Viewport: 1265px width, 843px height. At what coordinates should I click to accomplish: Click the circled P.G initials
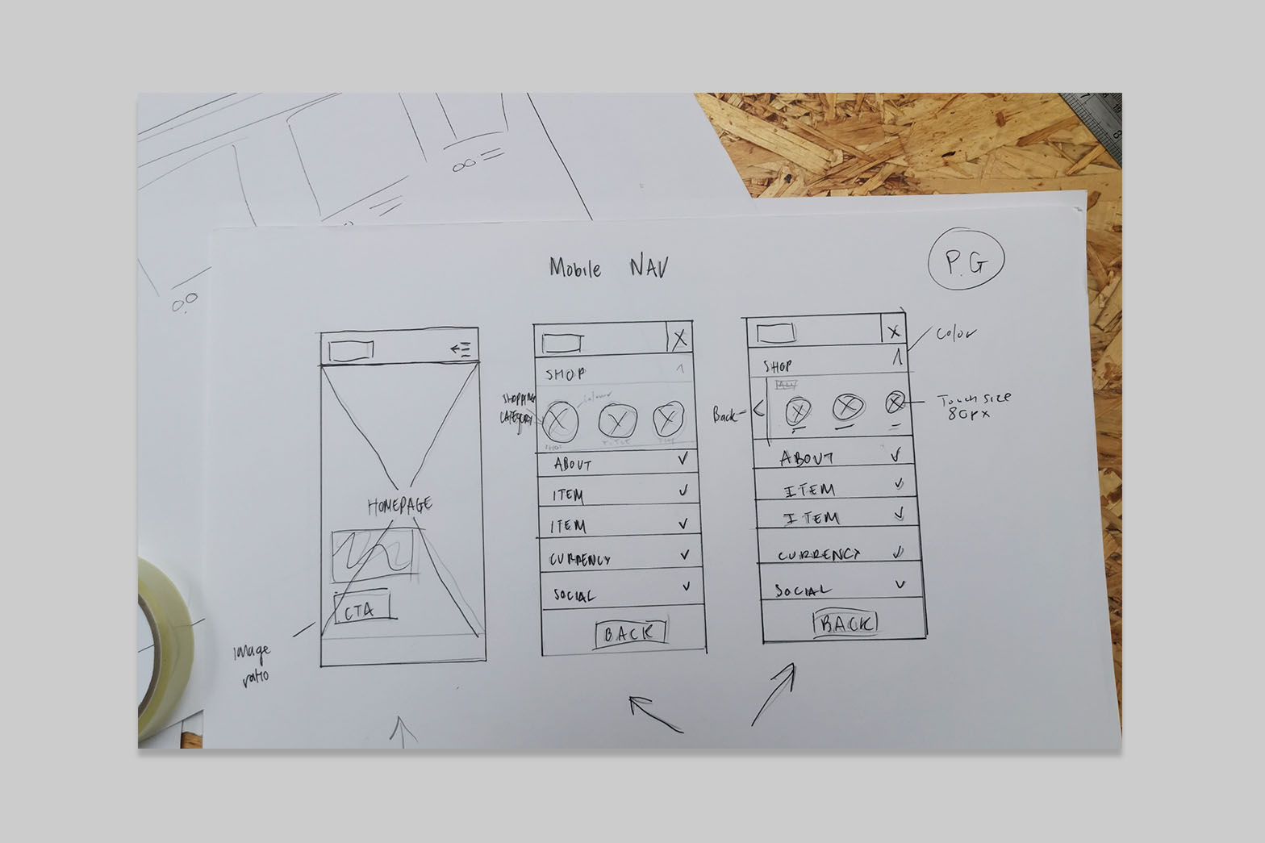[x=966, y=262]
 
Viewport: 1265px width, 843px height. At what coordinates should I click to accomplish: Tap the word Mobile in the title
[x=575, y=267]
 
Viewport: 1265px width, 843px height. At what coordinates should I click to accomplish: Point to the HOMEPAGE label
[x=400, y=506]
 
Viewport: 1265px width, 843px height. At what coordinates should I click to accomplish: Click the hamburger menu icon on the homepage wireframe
[x=461, y=349]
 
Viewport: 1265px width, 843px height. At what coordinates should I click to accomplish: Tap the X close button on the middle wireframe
[x=680, y=339]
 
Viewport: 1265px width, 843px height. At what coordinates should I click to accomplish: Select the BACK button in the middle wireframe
[x=631, y=634]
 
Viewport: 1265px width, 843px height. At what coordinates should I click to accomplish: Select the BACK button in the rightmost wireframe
[x=845, y=623]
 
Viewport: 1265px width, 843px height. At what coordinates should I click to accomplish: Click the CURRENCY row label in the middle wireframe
[x=580, y=559]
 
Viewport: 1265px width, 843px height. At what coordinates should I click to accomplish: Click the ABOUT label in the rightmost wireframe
[x=808, y=458]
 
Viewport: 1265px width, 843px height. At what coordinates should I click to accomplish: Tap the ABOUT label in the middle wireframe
[x=573, y=465]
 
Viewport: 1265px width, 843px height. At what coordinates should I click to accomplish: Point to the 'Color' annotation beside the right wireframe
[x=955, y=333]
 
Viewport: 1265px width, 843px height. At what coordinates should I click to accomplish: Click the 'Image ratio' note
[x=252, y=662]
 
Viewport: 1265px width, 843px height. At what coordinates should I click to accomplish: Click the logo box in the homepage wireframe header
[x=352, y=350]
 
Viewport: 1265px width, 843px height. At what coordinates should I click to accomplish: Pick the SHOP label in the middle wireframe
[x=566, y=374]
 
